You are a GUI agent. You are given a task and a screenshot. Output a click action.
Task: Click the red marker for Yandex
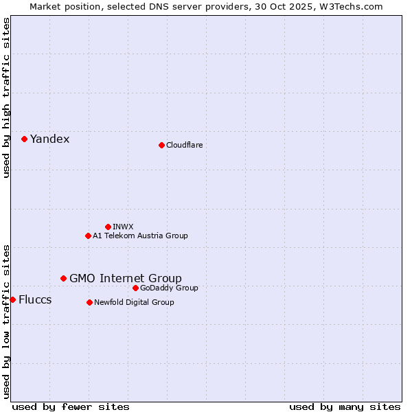coord(24,139)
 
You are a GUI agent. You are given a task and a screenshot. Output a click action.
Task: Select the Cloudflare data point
coord(161,145)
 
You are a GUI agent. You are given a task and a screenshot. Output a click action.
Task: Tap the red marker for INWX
coord(108,227)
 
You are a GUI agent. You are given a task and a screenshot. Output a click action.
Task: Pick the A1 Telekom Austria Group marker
coord(88,236)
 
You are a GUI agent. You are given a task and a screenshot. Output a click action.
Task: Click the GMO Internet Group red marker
coord(63,278)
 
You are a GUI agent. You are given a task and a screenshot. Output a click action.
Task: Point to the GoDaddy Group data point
coord(135,288)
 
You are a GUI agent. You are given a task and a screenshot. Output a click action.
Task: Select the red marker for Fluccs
coord(12,299)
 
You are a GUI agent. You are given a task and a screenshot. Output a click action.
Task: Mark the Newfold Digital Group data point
coord(89,302)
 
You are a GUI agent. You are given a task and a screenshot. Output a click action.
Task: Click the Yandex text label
coord(49,139)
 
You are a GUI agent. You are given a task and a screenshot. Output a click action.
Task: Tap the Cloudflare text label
coord(184,145)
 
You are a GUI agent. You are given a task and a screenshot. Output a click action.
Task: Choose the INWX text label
coord(123,227)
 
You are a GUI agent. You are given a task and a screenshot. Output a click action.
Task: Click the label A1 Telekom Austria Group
coord(140,236)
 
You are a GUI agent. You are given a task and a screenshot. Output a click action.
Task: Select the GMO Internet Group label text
coord(126,278)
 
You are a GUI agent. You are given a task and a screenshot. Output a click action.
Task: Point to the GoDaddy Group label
coord(169,288)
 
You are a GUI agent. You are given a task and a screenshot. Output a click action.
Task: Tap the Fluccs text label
coord(35,299)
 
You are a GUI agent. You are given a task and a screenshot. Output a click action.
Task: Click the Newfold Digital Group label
coord(134,302)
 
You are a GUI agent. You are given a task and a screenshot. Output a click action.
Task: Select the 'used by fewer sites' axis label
coord(71,407)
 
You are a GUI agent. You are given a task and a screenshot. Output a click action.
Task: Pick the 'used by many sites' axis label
coord(345,407)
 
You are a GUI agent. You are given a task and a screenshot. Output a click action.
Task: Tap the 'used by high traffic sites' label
coord(6,98)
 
